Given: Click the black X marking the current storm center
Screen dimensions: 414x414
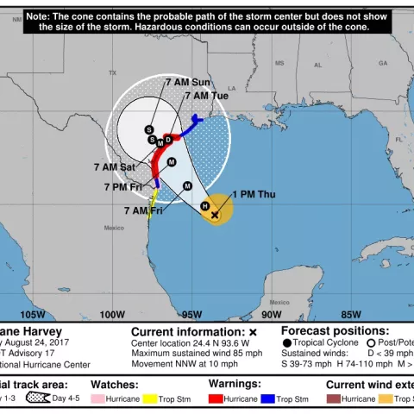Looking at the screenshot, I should click(x=215, y=214).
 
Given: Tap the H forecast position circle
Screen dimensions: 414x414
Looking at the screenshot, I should click(x=204, y=205).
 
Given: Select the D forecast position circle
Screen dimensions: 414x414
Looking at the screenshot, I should click(x=169, y=138).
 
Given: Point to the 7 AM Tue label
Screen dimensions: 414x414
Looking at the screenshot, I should click(x=207, y=96).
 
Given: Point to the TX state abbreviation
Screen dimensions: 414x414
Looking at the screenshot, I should click(x=112, y=72).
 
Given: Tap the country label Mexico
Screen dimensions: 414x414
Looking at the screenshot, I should click(x=114, y=228).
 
